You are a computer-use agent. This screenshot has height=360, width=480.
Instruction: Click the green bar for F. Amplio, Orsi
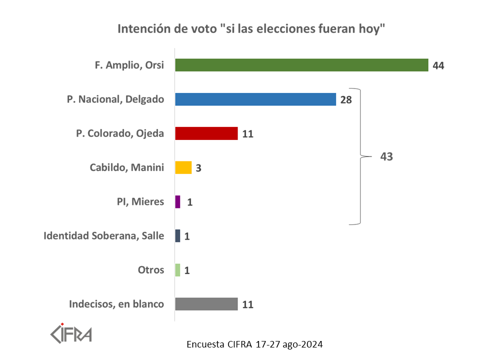point(301,65)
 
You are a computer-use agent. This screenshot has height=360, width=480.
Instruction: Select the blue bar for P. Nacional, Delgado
point(255,99)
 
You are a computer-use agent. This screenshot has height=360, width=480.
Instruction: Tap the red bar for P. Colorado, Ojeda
point(206,133)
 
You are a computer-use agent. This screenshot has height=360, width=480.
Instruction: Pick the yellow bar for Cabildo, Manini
point(183,167)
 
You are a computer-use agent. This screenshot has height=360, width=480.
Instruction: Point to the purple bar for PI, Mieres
point(177,202)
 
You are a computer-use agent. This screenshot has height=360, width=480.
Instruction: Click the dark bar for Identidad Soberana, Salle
point(177,236)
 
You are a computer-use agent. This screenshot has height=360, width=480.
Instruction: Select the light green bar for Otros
point(177,270)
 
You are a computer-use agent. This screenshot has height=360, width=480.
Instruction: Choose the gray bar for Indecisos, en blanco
point(206,304)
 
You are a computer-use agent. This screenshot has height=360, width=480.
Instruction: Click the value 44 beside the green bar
point(438,66)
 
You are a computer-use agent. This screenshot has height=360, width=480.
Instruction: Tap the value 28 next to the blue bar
point(346,100)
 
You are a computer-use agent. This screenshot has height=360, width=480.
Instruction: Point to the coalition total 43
point(386,156)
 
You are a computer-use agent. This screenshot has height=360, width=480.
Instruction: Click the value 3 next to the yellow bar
point(198,168)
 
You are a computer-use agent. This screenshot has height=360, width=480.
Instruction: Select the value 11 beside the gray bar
point(247,304)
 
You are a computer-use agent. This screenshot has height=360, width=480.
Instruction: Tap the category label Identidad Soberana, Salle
point(104,235)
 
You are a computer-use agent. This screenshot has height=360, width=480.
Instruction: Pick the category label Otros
point(151,270)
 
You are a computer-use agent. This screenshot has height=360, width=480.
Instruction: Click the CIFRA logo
point(71,332)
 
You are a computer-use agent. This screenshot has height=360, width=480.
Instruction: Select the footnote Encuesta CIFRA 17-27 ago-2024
point(254,344)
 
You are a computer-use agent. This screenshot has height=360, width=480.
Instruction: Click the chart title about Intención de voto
point(251,28)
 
